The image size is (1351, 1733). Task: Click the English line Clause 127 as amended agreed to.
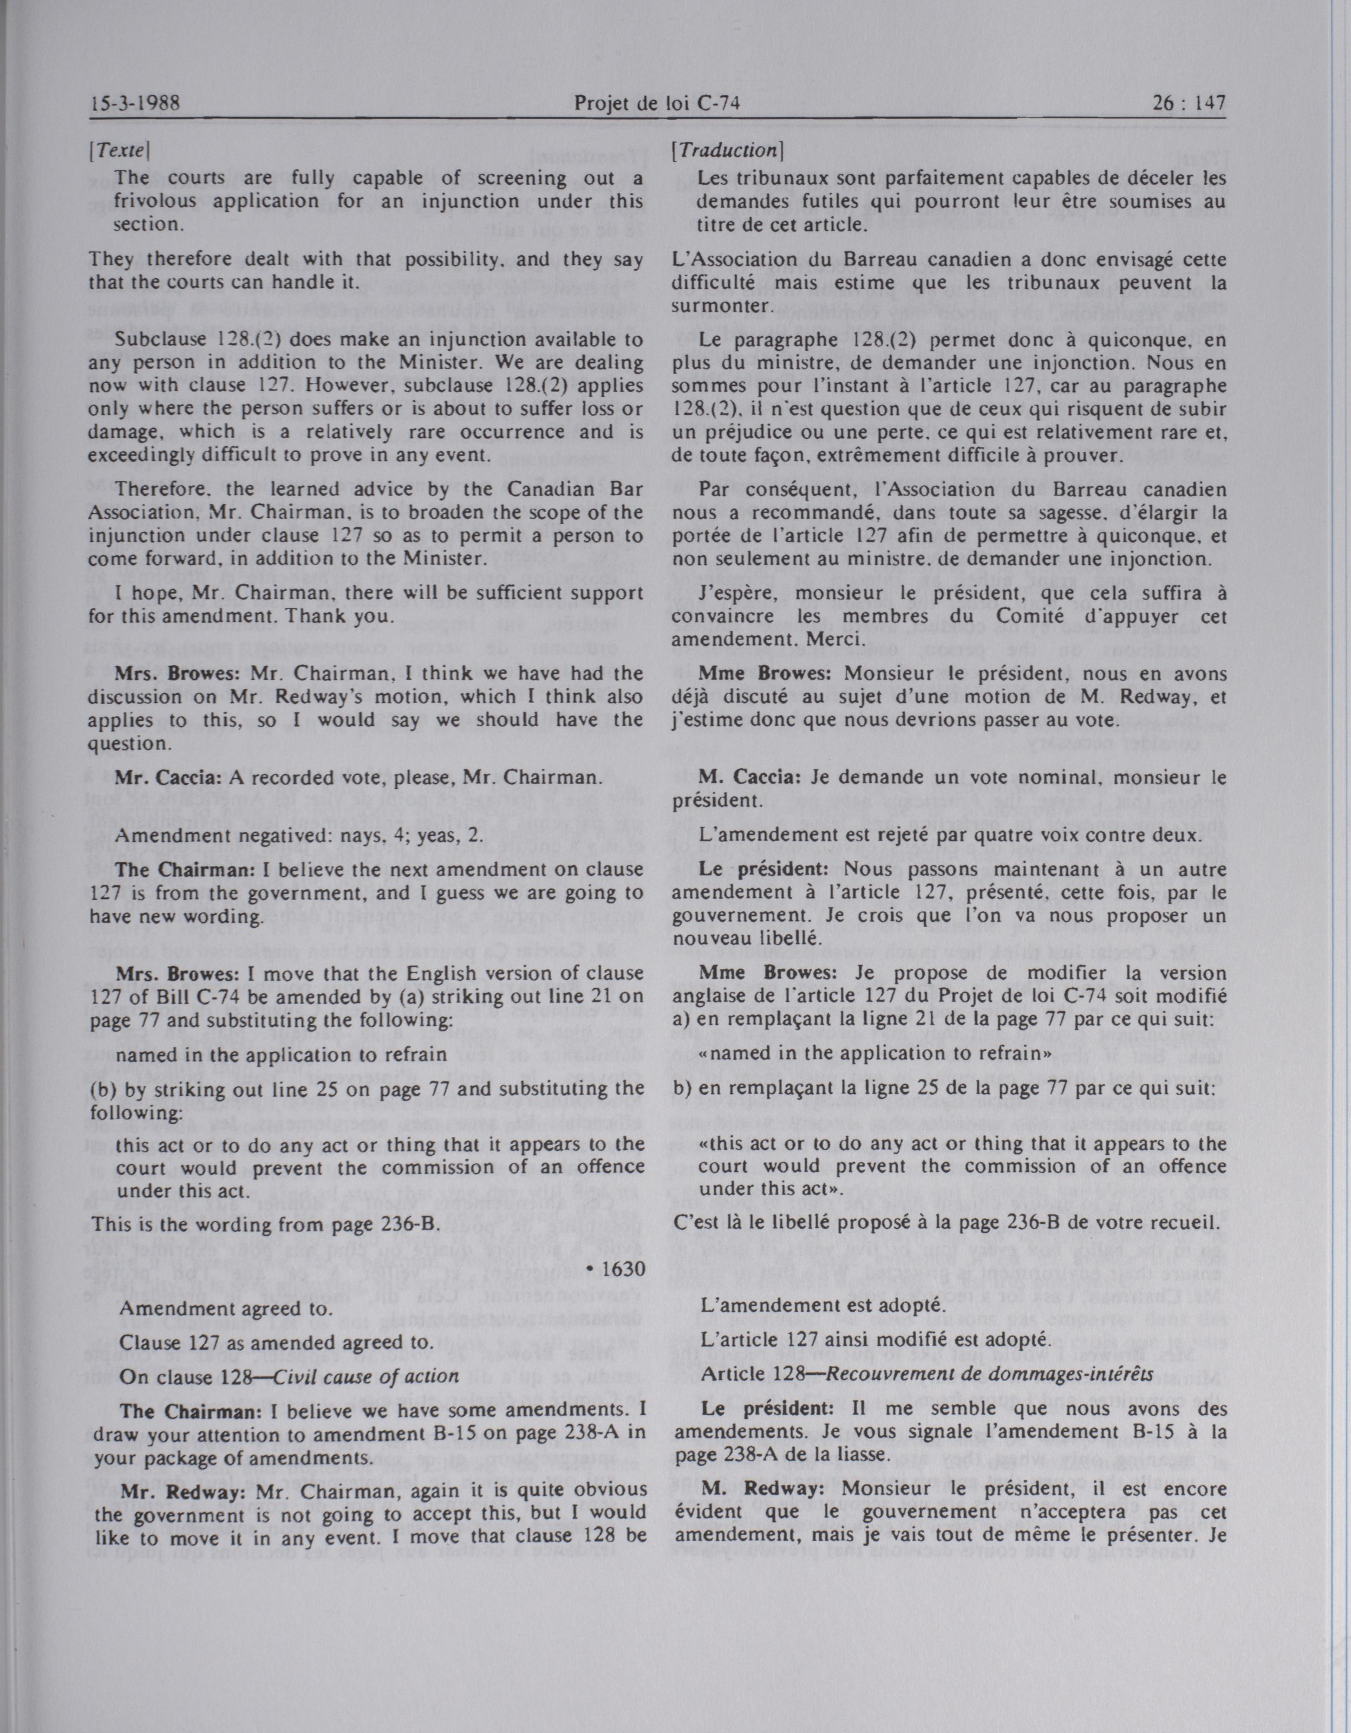276,1343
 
